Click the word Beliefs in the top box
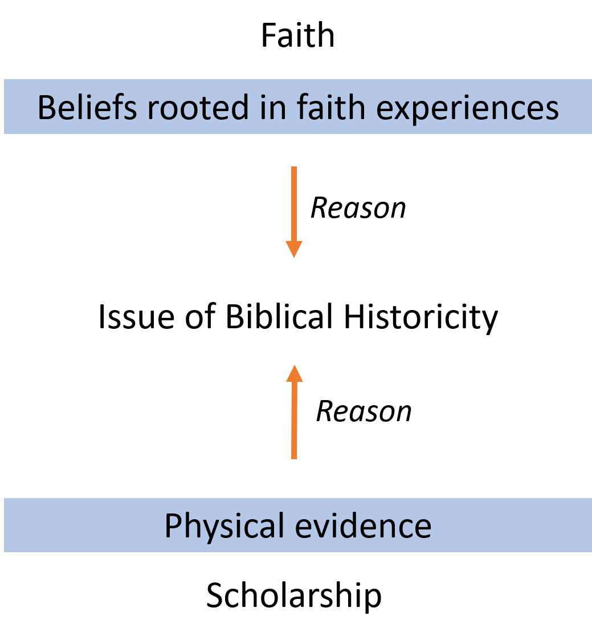[87, 108]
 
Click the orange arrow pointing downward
[294, 211]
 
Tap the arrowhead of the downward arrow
[294, 249]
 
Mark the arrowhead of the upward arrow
[294, 373]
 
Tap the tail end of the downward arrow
[294, 169]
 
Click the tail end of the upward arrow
[294, 456]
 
